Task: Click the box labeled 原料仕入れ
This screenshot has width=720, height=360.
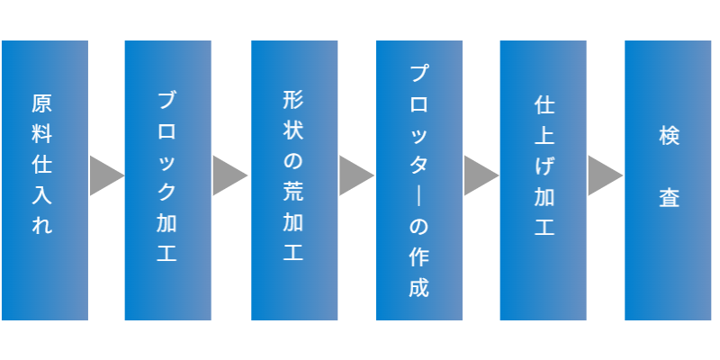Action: [x=44, y=180]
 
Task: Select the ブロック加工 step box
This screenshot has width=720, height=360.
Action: [x=167, y=180]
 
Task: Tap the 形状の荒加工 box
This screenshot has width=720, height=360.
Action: [x=294, y=180]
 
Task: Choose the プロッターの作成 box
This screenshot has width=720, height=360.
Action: [x=418, y=180]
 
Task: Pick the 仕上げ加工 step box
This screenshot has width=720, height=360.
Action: [x=544, y=180]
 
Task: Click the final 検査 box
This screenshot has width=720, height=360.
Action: [x=669, y=180]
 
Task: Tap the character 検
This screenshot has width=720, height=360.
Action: [x=668, y=137]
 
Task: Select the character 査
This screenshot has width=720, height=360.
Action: [x=668, y=197]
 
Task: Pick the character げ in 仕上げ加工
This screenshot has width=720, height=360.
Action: [x=544, y=166]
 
